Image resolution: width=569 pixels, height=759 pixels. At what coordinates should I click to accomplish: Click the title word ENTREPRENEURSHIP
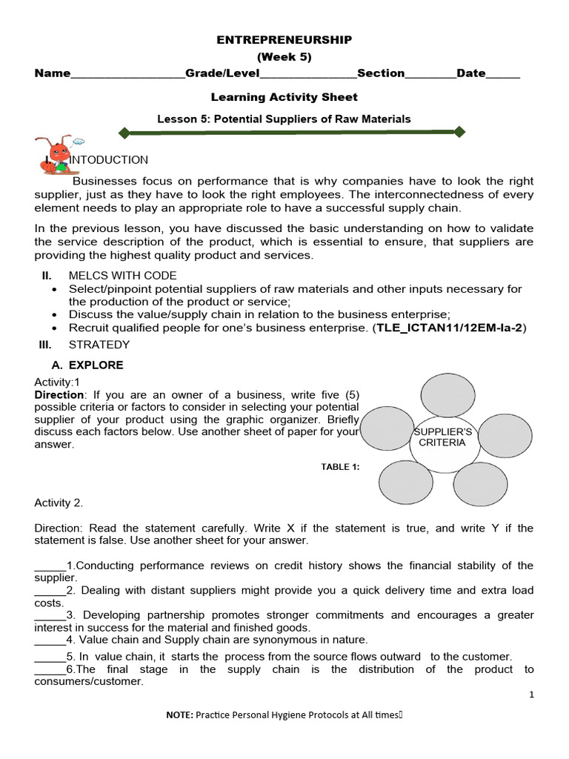[284, 40]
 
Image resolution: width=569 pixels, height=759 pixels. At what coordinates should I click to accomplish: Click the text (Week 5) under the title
[284, 56]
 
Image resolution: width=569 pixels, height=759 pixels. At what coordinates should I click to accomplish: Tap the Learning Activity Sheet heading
[284, 97]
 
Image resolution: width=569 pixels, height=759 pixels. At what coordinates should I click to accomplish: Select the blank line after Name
[127, 75]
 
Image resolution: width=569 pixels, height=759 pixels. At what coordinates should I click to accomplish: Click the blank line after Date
[503, 75]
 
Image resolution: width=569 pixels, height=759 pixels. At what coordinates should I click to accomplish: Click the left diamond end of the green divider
[124, 133]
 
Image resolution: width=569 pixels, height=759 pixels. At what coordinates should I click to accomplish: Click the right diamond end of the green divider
[459, 132]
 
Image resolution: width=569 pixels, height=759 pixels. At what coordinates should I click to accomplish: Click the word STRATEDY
[99, 345]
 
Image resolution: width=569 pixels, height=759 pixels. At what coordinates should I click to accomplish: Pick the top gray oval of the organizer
[444, 395]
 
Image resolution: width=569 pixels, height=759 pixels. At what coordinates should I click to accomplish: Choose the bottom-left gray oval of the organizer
[405, 483]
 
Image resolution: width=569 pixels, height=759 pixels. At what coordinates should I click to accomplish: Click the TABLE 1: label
[340, 466]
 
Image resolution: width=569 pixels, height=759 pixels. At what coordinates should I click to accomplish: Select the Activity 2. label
[59, 503]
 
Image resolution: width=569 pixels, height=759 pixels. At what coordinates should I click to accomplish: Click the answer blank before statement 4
[50, 640]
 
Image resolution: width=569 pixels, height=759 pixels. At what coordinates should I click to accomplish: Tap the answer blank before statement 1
[50, 566]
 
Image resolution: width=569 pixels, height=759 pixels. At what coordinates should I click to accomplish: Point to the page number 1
[531, 695]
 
